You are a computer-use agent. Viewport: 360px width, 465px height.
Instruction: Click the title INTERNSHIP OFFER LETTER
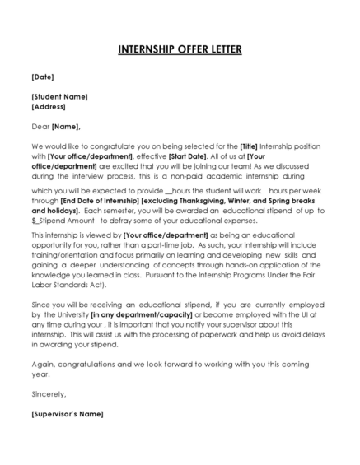pyautogui.click(x=180, y=50)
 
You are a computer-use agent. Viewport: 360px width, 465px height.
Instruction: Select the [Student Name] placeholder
pyautogui.click(x=59, y=96)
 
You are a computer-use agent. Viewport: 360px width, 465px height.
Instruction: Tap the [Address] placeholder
pyautogui.click(x=49, y=106)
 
